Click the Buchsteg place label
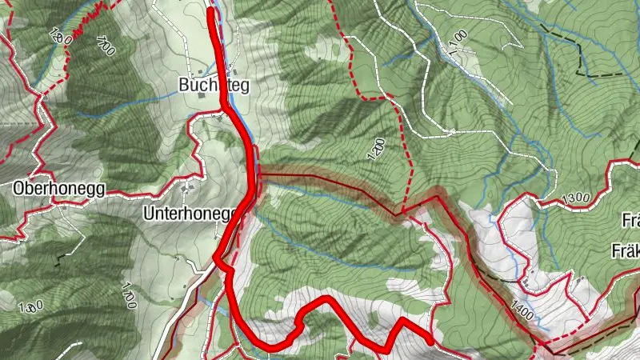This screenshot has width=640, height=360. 213,85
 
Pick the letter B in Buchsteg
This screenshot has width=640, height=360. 184,85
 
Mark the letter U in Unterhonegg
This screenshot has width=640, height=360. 149,214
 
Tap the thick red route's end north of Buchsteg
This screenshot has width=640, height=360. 212,11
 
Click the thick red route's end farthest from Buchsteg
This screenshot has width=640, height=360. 430,341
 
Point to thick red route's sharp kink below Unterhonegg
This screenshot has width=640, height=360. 216,258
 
